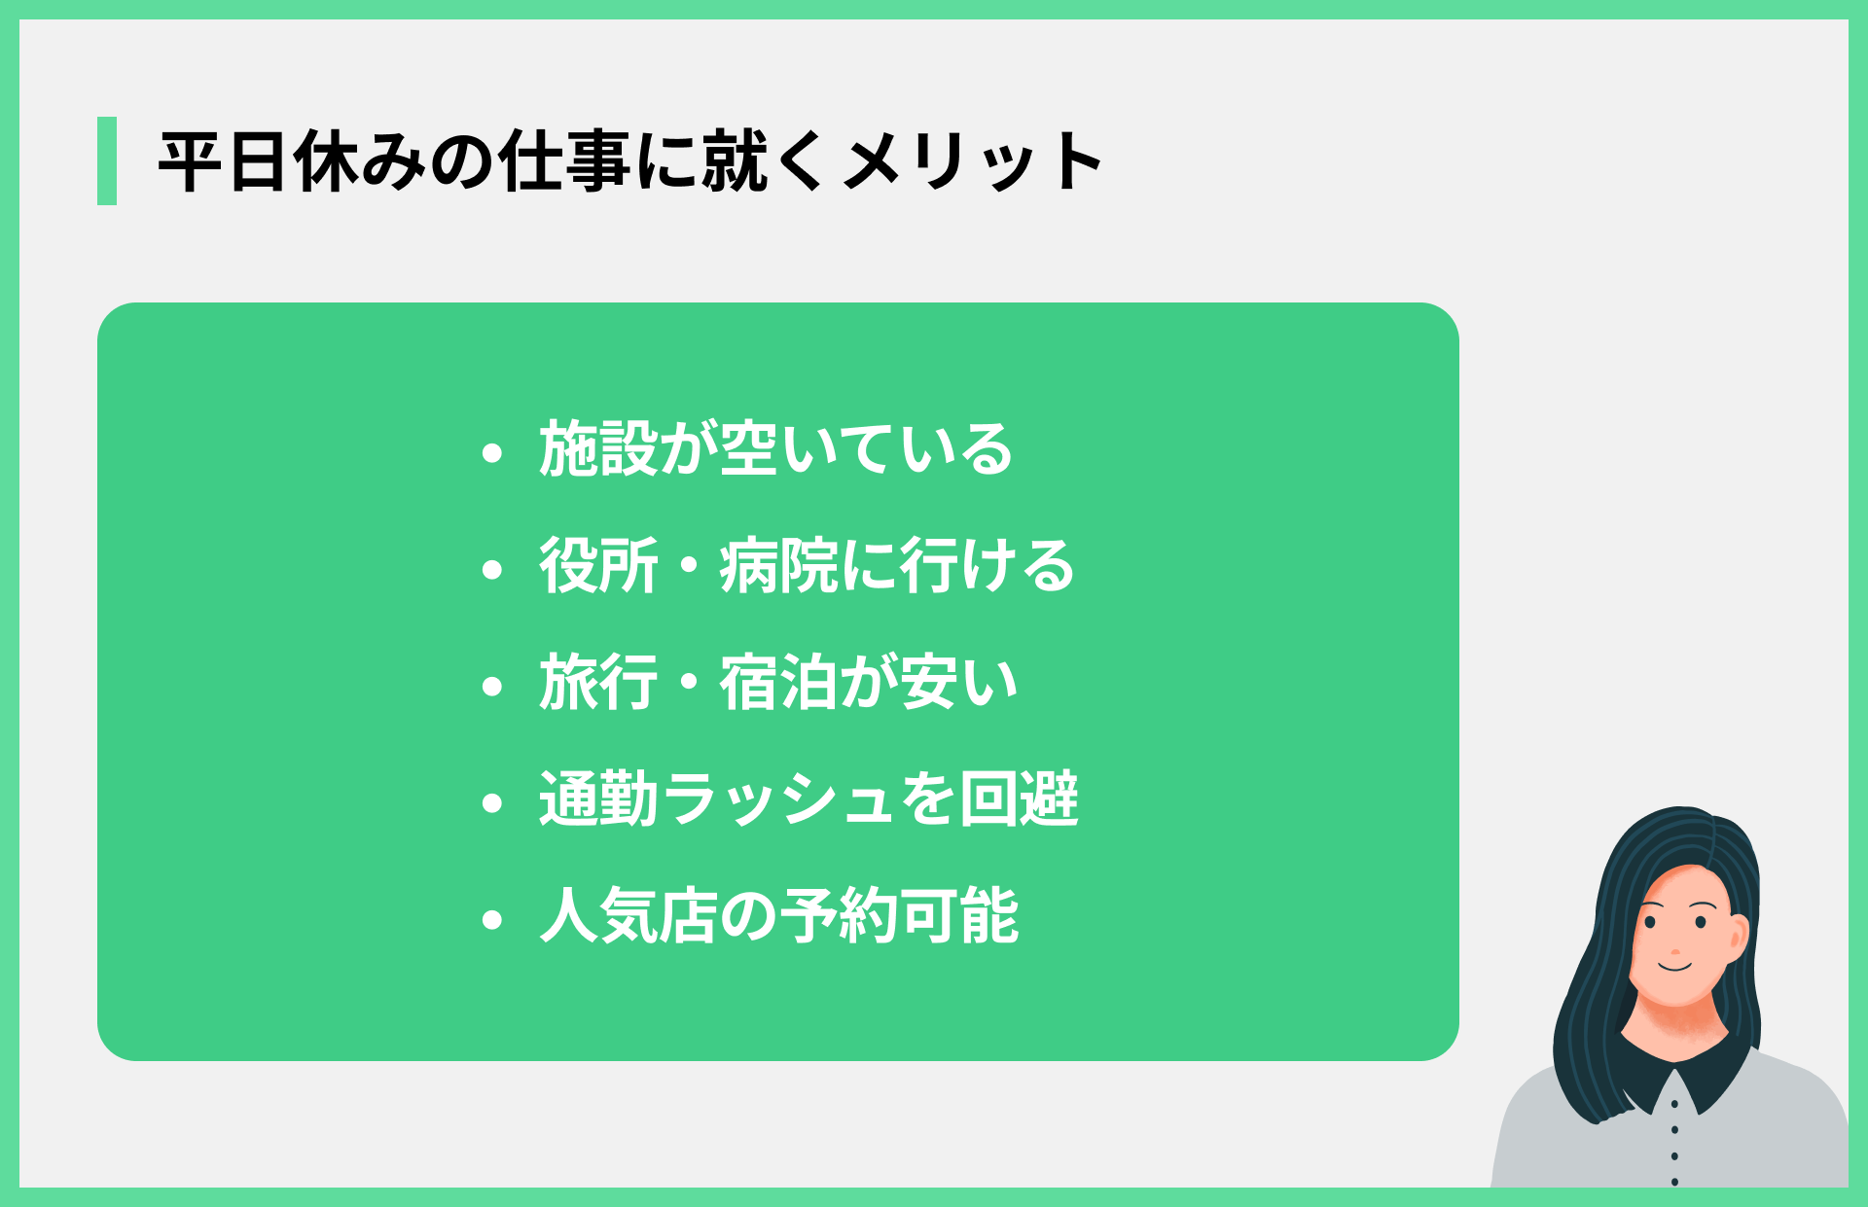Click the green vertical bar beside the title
click(107, 160)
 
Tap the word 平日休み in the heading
click(292, 161)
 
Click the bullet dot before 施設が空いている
click(492, 452)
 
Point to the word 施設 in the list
click(598, 449)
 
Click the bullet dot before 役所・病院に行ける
click(492, 569)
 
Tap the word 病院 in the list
click(778, 566)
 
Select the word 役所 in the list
click(598, 566)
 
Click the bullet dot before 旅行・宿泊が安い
click(492, 686)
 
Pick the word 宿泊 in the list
click(778, 683)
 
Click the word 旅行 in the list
click(598, 683)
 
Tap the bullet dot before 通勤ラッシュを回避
click(492, 802)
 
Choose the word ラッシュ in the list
click(778, 799)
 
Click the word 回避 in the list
click(1019, 799)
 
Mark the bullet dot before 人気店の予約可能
click(492, 919)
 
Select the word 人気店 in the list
click(629, 916)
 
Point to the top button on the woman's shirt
click(1674, 1104)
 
